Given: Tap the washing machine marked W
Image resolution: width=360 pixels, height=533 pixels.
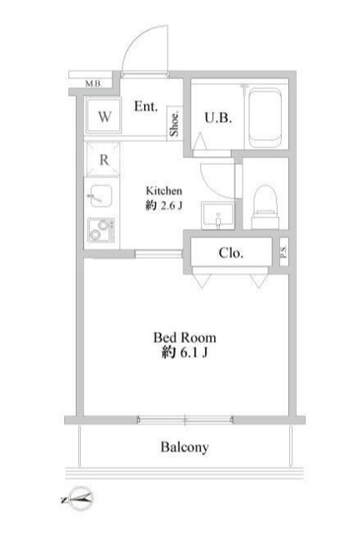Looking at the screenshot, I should tap(104, 117).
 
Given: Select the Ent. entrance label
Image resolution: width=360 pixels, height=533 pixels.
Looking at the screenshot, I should tap(146, 106).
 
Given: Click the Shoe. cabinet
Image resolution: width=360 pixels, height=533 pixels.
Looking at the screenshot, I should tap(176, 122).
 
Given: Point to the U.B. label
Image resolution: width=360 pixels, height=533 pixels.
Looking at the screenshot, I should tap(218, 117).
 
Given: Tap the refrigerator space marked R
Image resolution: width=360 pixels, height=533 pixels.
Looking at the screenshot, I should tap(103, 160).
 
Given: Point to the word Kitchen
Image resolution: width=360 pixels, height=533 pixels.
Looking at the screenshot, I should tap(164, 189).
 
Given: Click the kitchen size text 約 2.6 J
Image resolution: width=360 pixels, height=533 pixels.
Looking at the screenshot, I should tap(164, 206).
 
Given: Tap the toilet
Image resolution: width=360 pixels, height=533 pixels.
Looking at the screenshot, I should tap(264, 199).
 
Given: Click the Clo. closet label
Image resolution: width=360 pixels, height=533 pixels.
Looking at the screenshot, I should tap(231, 253).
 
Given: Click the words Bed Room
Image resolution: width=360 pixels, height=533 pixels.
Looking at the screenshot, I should tap(184, 337).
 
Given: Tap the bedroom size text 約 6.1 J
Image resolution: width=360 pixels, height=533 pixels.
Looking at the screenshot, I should tap(184, 354).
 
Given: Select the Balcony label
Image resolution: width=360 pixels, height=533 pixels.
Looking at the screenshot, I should tap(184, 447).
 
